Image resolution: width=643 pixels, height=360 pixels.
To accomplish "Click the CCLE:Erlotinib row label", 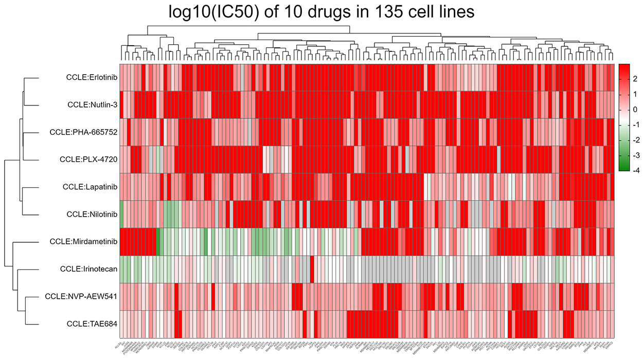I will pyautogui.click(x=92, y=78).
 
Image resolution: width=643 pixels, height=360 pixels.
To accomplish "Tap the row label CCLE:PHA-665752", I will pyautogui.click(x=84, y=132).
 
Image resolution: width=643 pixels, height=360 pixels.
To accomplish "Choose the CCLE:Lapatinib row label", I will pyautogui.click(x=91, y=187).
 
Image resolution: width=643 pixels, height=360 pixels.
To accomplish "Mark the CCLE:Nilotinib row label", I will pyautogui.click(x=92, y=214).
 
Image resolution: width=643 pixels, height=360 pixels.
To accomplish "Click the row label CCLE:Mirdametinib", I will pyautogui.click(x=84, y=241).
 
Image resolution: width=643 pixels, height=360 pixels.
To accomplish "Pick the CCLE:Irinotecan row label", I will pyautogui.click(x=90, y=268).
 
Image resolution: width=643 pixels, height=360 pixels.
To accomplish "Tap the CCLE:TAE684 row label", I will pyautogui.click(x=93, y=323).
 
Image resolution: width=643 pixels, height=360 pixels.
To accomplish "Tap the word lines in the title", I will pyautogui.click(x=454, y=12).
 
